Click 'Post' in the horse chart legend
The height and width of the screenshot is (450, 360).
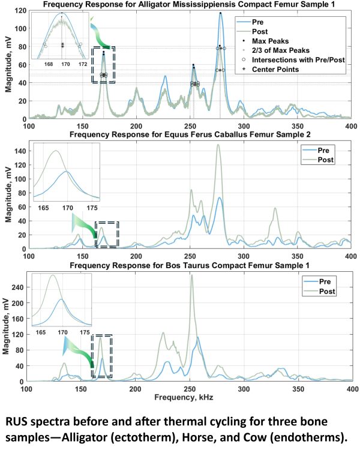click(325, 160)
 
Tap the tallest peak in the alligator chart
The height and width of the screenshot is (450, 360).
click(220, 13)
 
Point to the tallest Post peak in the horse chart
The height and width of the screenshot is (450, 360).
click(218, 145)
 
